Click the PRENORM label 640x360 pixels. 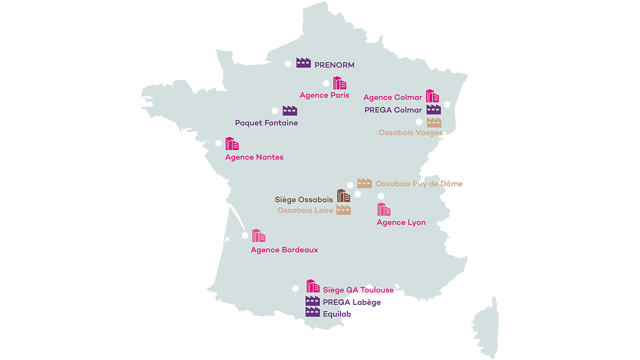(x=334, y=65)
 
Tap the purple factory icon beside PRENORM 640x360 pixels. (x=303, y=63)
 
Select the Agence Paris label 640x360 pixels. (x=324, y=95)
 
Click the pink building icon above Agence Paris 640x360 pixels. (x=340, y=83)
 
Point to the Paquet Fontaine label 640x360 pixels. (x=266, y=123)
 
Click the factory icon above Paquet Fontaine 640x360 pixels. (x=290, y=111)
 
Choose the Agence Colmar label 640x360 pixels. (x=392, y=97)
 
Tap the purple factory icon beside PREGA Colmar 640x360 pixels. (x=433, y=110)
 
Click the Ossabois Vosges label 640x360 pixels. (x=410, y=133)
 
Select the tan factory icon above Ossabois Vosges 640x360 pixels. (x=434, y=123)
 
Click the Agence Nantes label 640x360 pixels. (x=254, y=157)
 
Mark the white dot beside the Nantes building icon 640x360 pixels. (x=218, y=143)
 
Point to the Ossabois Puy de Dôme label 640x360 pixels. (x=419, y=184)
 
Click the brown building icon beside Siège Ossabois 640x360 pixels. (x=343, y=196)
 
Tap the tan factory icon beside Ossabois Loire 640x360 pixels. (x=343, y=210)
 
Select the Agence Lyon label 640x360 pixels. (x=401, y=222)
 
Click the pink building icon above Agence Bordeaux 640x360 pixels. (x=258, y=236)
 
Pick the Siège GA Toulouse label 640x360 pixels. (x=358, y=290)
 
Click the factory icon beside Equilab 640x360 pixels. (x=313, y=312)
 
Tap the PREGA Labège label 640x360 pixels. (x=352, y=302)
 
